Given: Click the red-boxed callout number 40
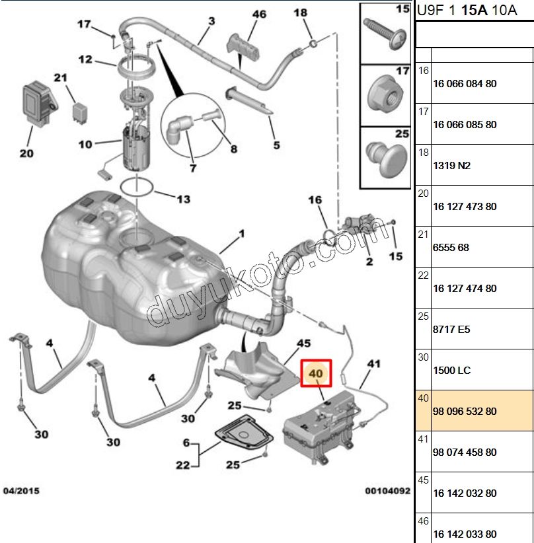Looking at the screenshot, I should tap(315, 374).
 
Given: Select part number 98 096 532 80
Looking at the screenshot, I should tap(465, 412).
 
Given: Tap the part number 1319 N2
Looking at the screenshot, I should tap(451, 166).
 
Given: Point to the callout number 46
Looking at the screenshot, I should tap(259, 15).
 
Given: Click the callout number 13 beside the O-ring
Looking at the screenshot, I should tap(182, 199).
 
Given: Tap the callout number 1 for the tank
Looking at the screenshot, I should tap(241, 234).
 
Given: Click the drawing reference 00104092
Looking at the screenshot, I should tap(387, 491).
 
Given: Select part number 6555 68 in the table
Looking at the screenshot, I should tap(451, 248).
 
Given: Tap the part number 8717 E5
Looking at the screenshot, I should tap(451, 330).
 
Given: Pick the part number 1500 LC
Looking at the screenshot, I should tap(452, 371).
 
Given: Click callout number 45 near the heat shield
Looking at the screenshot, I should tap(303, 344).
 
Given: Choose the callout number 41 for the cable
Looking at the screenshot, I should tap(374, 363).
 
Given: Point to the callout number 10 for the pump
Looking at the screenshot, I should tap(85, 144).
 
